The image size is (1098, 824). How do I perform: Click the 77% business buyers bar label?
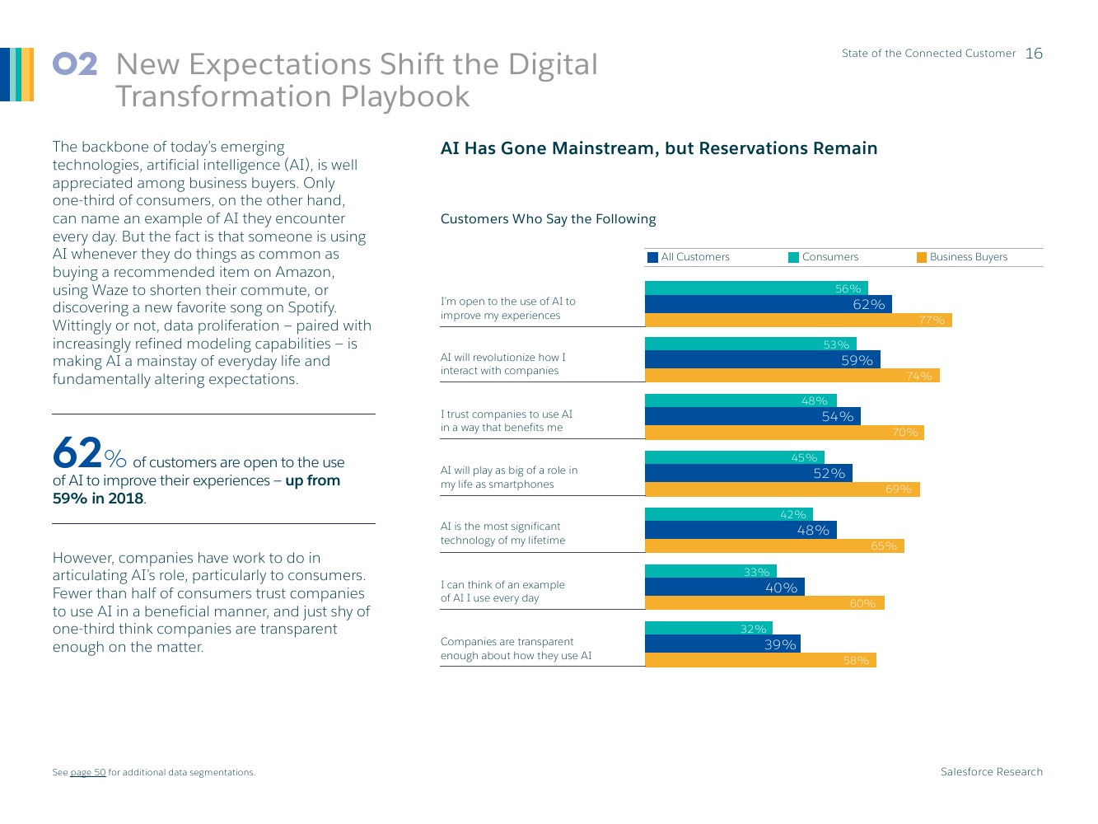tap(932, 321)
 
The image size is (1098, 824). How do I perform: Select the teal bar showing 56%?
tap(755, 288)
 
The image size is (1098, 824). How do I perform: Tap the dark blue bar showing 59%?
tap(762, 360)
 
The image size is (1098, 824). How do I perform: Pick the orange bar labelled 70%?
tap(783, 433)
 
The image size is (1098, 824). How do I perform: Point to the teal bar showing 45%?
tap(734, 457)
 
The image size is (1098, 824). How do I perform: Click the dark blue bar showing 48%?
tap(740, 530)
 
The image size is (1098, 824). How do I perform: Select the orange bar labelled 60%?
tap(764, 603)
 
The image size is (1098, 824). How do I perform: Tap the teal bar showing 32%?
tap(708, 629)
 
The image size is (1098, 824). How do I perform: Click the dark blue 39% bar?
tap(722, 644)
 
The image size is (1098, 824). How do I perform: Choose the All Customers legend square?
tap(653, 257)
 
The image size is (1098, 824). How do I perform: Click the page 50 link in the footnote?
tap(88, 773)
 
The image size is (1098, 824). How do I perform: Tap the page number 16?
tap(1034, 54)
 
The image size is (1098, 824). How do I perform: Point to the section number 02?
tap(75, 64)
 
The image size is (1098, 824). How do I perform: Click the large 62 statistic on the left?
tap(77, 453)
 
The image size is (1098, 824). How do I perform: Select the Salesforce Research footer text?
tap(991, 772)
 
